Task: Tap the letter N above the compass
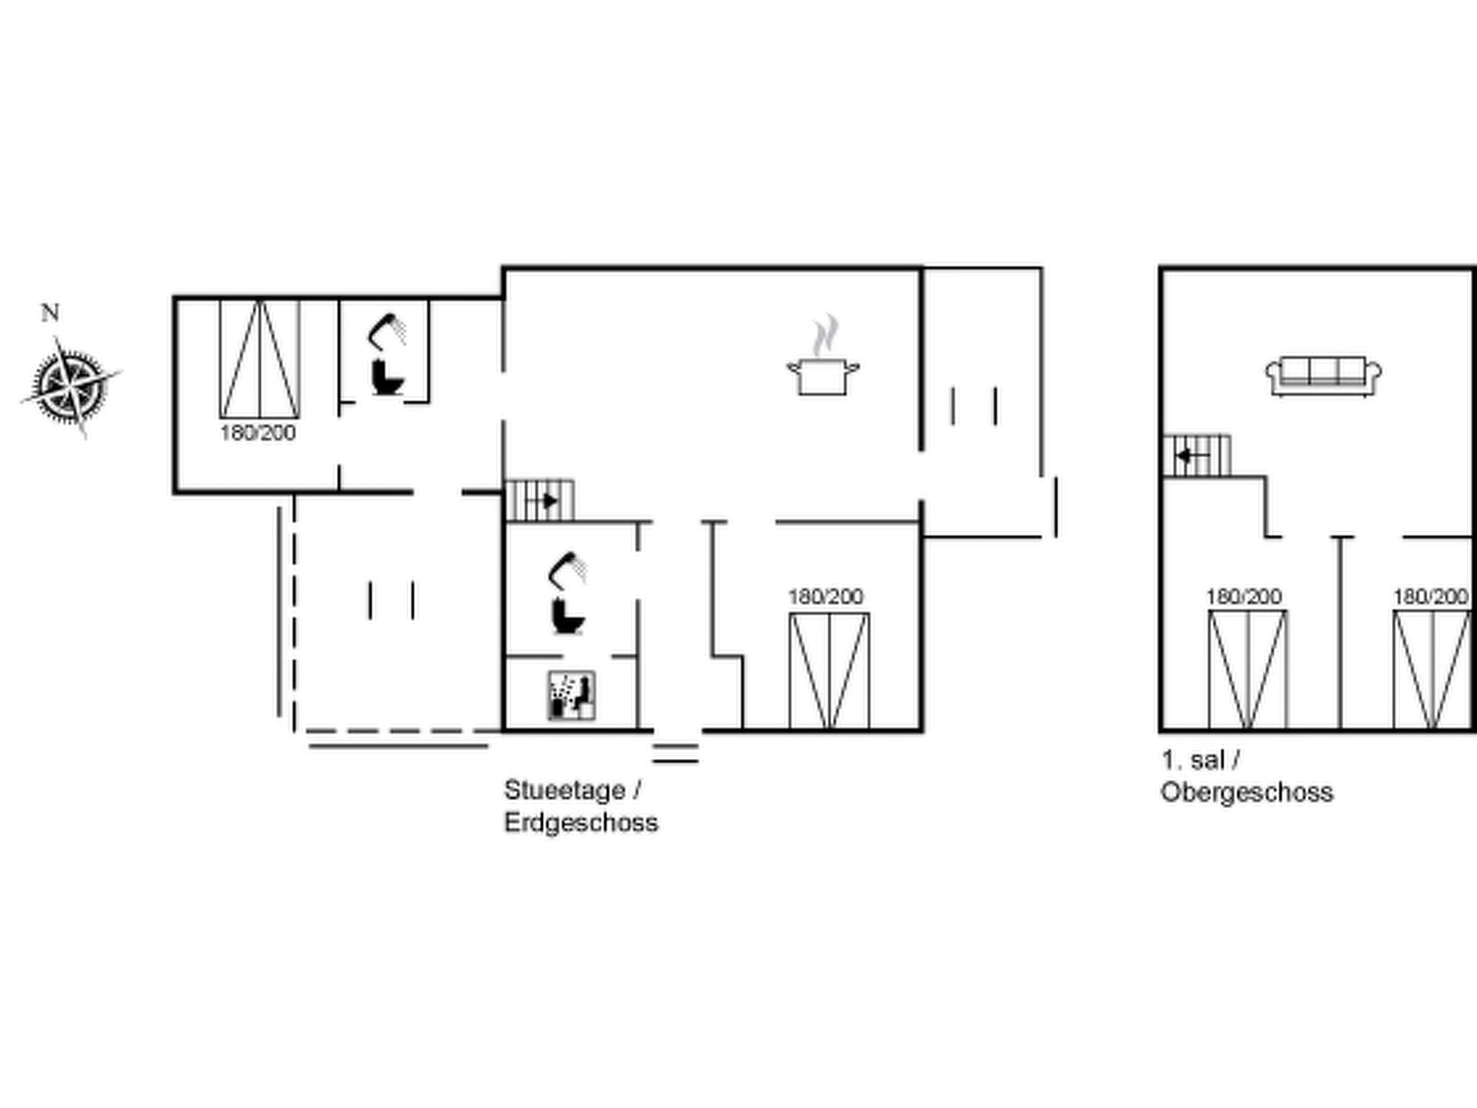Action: [x=50, y=313]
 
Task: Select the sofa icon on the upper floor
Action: [x=1323, y=376]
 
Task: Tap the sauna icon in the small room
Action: [x=571, y=695]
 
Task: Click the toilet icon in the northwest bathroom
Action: [x=387, y=377]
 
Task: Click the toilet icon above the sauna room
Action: [x=568, y=615]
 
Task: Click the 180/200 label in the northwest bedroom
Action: [x=258, y=433]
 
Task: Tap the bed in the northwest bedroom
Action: [x=260, y=359]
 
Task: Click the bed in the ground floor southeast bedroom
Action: [x=829, y=671]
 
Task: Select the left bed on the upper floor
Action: [x=1248, y=669]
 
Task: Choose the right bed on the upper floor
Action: [x=1432, y=669]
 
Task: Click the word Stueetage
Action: [x=565, y=790]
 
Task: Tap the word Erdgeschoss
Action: [x=581, y=822]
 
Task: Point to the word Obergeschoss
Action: [x=1246, y=792]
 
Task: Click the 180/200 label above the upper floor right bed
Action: [x=1431, y=597]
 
